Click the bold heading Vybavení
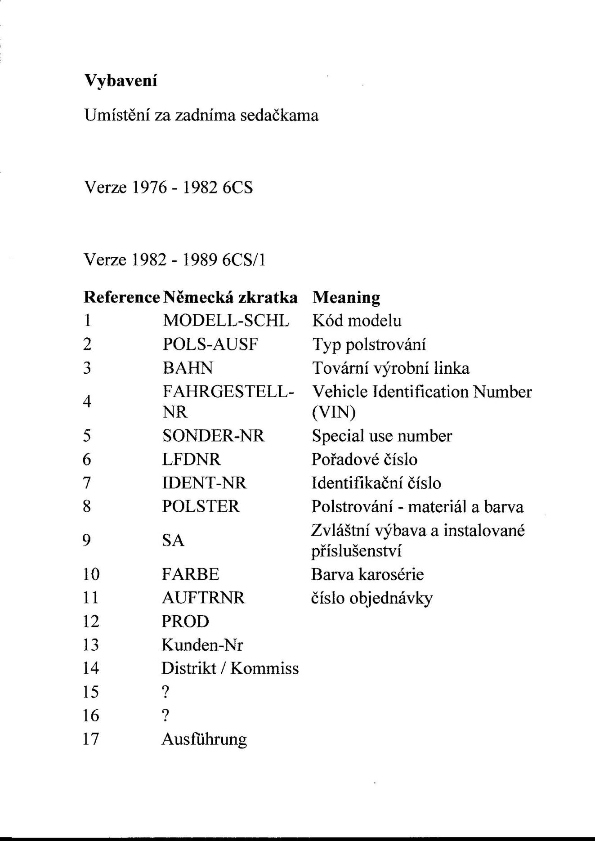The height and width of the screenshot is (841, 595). (121, 81)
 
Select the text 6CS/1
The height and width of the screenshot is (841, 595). (244, 259)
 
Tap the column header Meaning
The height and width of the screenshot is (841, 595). (346, 297)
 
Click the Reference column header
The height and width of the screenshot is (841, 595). (122, 297)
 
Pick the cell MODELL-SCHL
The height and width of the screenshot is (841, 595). (225, 321)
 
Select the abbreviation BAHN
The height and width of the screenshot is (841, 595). (188, 368)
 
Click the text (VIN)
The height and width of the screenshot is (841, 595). (333, 412)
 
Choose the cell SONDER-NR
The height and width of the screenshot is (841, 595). (213, 436)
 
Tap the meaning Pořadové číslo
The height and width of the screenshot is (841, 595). (364, 460)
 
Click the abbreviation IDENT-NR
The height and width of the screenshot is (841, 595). (204, 483)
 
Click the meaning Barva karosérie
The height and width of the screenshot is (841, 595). (367, 574)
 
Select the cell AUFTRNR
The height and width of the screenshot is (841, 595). (203, 598)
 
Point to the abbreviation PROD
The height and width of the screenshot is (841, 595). (185, 622)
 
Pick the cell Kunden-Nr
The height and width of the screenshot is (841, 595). (202, 645)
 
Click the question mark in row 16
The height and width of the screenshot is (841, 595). (166, 715)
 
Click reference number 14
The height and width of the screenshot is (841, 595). (91, 668)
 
